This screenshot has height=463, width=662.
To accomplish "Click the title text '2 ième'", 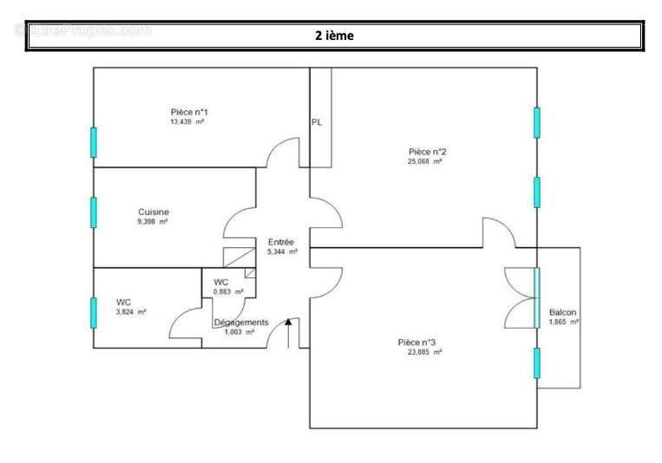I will point(334,36).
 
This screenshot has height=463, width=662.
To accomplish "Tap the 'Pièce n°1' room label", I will point(188,112).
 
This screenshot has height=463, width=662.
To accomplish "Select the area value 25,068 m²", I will point(425,161).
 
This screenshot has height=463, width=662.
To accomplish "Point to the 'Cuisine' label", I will point(154,212).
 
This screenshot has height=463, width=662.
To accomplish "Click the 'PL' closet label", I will point(317,122).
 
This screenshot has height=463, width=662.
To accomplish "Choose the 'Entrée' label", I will point(281,242).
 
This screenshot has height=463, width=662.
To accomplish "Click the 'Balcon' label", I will point(562,312).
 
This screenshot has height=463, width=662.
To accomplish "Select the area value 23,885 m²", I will point(425,352).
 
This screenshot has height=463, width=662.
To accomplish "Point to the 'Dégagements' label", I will point(241,323).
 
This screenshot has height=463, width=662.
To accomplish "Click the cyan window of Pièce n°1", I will point(94,142).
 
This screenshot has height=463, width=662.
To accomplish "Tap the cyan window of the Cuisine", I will point(94,212).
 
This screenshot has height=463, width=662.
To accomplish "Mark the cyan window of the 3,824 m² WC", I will point(94,312).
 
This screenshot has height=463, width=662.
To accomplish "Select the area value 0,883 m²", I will point(228,292).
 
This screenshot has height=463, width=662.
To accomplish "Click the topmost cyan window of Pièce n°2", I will point(537,122).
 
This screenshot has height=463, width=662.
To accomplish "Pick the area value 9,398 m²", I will point(153,222).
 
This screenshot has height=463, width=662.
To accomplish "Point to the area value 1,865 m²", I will point(564,322).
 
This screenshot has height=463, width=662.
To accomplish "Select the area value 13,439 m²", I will point(187,122).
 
